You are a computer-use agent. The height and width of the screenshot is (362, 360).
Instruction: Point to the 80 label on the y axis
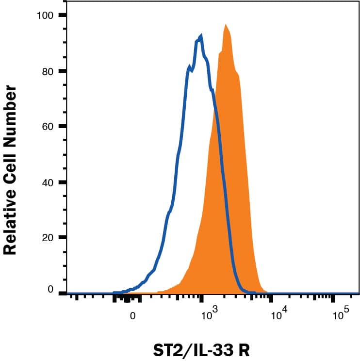pyautogui.click(x=47, y=71)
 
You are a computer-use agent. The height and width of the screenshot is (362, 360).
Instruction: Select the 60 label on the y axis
pyautogui.click(x=47, y=127)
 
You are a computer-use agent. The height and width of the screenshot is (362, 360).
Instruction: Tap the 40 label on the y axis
pyautogui.click(x=47, y=182)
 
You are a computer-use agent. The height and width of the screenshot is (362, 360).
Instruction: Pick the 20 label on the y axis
pyautogui.click(x=47, y=238)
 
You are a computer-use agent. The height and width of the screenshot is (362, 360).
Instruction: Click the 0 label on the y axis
pyautogui.click(x=49, y=290)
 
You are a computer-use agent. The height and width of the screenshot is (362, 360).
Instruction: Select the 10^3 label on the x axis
pyautogui.click(x=210, y=314)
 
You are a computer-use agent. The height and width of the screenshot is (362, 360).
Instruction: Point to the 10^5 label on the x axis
pyautogui.click(x=341, y=314)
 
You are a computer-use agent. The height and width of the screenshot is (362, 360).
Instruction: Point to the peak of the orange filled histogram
pyautogui.click(x=226, y=25)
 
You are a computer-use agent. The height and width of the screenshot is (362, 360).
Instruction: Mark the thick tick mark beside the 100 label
pyautogui.click(x=62, y=16)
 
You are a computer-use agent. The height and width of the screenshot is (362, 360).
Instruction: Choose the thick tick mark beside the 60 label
pyautogui.click(x=62, y=127)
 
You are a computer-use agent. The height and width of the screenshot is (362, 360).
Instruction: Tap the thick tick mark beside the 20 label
pyautogui.click(x=62, y=238)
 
